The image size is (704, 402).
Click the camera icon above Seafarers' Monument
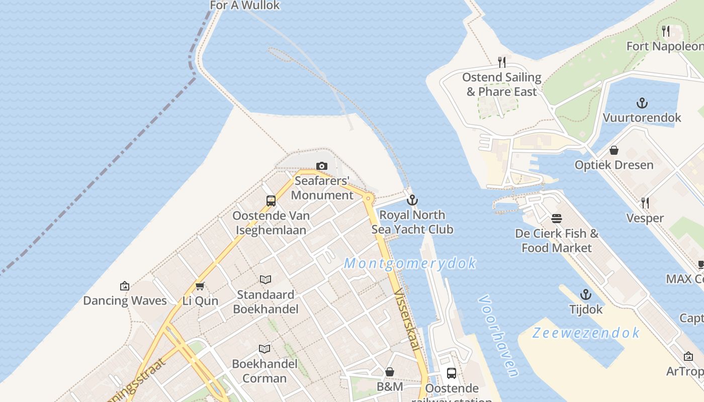[x=322, y=166]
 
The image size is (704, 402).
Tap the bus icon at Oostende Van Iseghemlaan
[x=271, y=201]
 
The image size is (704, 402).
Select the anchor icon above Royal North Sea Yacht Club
[x=412, y=200]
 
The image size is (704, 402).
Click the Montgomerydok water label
[x=410, y=263]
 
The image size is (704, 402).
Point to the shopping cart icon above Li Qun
[x=200, y=286]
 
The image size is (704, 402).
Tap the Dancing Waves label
[x=125, y=300]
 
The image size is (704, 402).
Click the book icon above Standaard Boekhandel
[x=266, y=279]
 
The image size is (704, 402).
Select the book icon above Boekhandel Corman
[x=264, y=348]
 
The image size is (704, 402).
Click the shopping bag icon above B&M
[x=390, y=372]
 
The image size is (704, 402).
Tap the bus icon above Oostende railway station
[x=452, y=373]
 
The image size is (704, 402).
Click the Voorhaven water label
[x=498, y=336]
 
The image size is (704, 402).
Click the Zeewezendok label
[x=586, y=333]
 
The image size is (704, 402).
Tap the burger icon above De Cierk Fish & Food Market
[x=557, y=219]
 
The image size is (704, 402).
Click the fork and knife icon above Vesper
[x=645, y=203]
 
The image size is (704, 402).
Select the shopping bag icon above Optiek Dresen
[x=614, y=150]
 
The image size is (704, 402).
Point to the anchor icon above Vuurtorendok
[x=642, y=103]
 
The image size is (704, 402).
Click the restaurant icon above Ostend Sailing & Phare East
[x=501, y=62]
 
